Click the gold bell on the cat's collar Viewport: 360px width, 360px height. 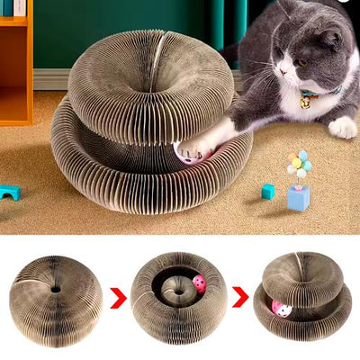click(306, 103)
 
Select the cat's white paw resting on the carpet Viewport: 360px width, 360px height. click(342, 127)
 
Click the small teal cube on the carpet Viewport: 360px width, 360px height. click(268, 191)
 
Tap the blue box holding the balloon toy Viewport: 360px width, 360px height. click(297, 197)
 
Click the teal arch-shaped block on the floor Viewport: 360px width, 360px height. click(10, 192)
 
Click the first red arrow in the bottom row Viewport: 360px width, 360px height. click(117, 298)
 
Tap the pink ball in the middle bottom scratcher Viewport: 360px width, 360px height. click(200, 283)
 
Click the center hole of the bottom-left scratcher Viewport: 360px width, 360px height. click(56, 291)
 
